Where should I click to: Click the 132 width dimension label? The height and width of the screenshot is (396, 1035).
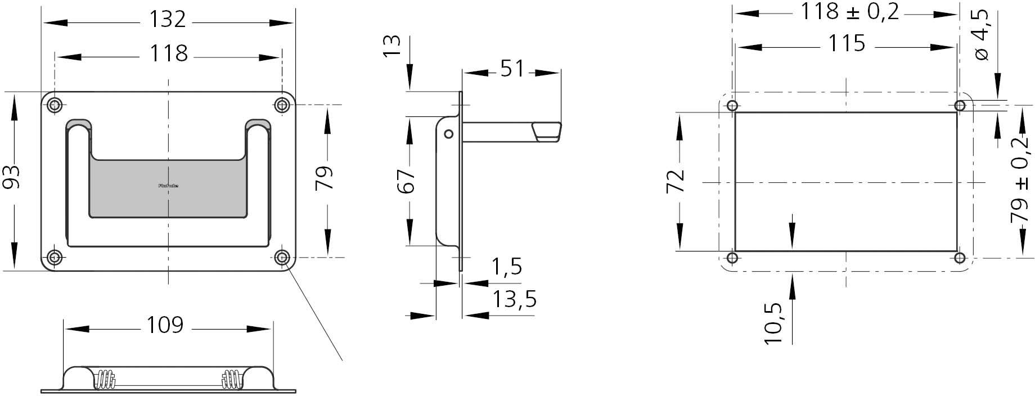click(167, 20)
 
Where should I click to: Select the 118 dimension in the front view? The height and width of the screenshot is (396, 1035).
click(168, 54)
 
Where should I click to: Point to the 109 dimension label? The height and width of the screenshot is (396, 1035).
click(165, 325)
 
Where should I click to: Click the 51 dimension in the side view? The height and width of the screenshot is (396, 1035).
click(512, 69)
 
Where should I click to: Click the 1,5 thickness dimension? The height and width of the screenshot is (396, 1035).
click(507, 267)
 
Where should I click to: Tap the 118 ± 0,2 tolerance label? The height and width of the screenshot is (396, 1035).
click(849, 11)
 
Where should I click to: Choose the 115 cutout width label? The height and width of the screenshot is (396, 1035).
click(847, 44)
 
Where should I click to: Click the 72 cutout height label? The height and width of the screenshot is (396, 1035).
click(676, 181)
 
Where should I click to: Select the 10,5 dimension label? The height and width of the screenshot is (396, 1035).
click(774, 323)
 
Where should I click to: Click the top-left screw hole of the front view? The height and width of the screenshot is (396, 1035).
click(55, 105)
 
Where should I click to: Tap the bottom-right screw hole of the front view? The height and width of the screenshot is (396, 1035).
click(282, 258)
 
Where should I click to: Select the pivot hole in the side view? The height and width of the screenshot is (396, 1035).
click(448, 134)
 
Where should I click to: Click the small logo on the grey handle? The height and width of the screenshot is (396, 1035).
click(168, 185)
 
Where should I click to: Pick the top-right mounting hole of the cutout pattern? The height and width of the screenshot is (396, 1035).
click(960, 105)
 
